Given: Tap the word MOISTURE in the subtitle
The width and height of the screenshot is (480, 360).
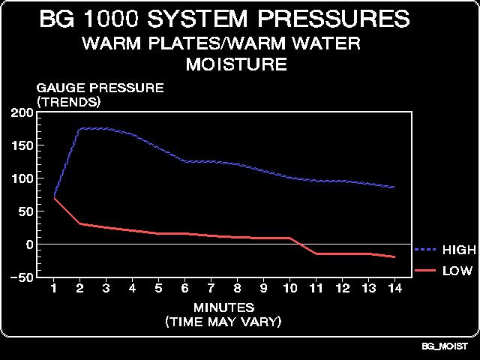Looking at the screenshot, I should [x=235, y=64].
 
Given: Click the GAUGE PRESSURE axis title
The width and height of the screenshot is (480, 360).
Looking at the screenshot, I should [x=100, y=88].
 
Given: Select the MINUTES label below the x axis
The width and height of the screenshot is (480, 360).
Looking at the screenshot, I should [x=224, y=307].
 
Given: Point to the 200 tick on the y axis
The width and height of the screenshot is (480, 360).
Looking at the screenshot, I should [x=22, y=112].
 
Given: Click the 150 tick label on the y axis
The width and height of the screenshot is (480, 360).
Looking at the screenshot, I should [x=22, y=145].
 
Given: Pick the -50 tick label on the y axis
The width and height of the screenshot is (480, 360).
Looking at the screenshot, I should [x=21, y=277].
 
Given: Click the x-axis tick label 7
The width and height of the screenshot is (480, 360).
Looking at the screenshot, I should [x=211, y=289].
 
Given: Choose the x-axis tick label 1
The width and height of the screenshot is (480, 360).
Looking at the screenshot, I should [x=54, y=289].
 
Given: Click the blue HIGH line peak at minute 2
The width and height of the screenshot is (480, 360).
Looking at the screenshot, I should [x=80, y=129].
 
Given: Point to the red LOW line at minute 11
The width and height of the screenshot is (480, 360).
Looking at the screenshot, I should [x=316, y=253].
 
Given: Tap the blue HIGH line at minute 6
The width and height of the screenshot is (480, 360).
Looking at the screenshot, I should [x=184, y=161].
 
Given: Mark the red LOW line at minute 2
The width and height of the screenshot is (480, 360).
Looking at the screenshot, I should [x=80, y=223].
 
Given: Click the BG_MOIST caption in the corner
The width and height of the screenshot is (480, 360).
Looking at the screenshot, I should [x=445, y=347].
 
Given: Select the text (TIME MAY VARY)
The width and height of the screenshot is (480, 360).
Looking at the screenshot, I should [x=224, y=322].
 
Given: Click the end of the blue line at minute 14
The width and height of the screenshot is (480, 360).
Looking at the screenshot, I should [x=394, y=187].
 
